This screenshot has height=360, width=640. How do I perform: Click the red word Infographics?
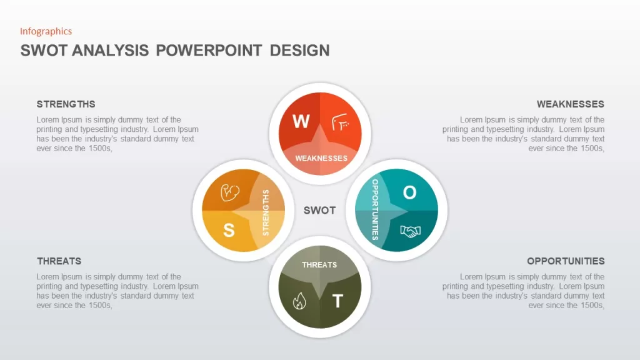pyautogui.click(x=46, y=31)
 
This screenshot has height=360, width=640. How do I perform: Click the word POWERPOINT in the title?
pyautogui.click(x=209, y=51)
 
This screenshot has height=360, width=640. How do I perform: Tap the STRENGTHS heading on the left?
pyautogui.click(x=66, y=104)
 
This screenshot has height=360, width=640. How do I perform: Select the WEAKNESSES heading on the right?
pyautogui.click(x=570, y=104)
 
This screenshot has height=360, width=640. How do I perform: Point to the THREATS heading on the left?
pyautogui.click(x=59, y=261)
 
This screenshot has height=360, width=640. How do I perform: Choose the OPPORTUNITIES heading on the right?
pyautogui.click(x=566, y=261)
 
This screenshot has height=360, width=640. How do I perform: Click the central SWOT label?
pyautogui.click(x=319, y=210)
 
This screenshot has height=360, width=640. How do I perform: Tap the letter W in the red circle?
pyautogui.click(x=301, y=121)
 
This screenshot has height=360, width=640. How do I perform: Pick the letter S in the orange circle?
pyautogui.click(x=229, y=230)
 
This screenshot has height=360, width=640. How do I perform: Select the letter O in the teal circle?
pyautogui.click(x=410, y=192)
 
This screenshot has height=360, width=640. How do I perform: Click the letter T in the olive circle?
pyautogui.click(x=337, y=301)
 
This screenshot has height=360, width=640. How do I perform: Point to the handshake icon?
pyautogui.click(x=410, y=231)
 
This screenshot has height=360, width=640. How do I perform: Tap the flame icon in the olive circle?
pyautogui.click(x=299, y=301)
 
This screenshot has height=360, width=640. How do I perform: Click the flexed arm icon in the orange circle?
pyautogui.click(x=230, y=192)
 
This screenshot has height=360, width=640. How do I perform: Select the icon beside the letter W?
pyautogui.click(x=340, y=122)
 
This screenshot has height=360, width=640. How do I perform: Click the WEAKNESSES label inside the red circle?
pyautogui.click(x=321, y=158)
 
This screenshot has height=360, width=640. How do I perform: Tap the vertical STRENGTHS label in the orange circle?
pyautogui.click(x=266, y=212)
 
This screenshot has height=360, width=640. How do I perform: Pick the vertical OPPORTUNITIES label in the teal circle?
pyautogui.click(x=375, y=210)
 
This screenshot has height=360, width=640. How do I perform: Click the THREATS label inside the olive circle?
pyautogui.click(x=319, y=265)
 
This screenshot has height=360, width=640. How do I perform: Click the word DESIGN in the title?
pyautogui.click(x=299, y=51)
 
